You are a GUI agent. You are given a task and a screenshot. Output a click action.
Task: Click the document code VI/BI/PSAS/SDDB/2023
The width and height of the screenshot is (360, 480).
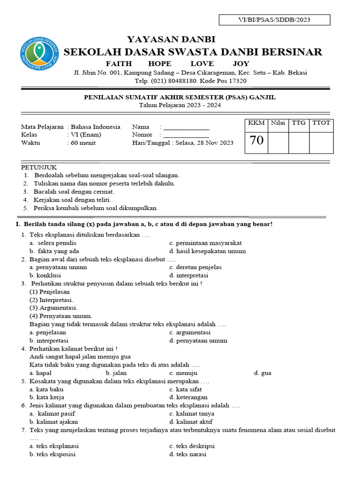click(275, 20)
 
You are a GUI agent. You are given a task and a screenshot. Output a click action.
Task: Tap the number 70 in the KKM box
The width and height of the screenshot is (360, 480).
click(256, 141)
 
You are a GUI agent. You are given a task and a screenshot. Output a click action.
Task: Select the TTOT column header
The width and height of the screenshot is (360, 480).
click(321, 123)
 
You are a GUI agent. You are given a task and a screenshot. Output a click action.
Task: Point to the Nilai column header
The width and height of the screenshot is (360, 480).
click(278, 123)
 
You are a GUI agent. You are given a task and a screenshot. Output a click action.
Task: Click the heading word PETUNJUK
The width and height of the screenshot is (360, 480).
click(39, 167)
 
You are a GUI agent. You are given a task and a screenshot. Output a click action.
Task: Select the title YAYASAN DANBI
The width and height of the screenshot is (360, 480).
click(171, 39)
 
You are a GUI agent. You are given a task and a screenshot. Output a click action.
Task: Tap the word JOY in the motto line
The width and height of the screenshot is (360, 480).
click(241, 64)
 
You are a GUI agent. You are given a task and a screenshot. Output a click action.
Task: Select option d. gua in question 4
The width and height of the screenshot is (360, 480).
click(262, 373)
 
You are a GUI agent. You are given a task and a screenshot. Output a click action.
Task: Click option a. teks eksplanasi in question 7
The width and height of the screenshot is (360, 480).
click(54, 446)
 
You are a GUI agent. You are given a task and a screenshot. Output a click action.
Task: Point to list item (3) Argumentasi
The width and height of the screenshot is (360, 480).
click(53, 308)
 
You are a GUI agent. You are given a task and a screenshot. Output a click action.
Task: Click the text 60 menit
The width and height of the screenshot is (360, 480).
click(83, 143)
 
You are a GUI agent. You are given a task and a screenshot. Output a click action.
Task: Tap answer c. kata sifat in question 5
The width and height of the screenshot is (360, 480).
click(185, 389)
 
